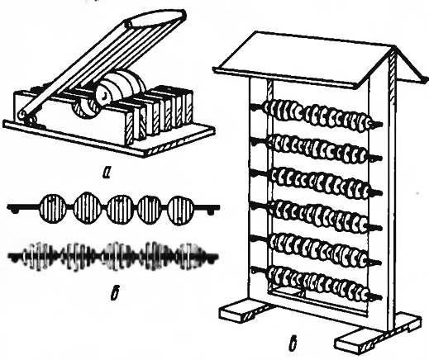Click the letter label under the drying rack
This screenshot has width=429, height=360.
click(294, 344)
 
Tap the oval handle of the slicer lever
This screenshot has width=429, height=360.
click(155, 18)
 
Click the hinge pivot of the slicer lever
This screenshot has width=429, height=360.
click(21, 116)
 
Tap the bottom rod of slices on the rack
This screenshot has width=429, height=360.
click(317, 284)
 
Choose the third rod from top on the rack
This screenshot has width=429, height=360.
click(317, 182)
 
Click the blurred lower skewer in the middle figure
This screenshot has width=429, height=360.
click(113, 257)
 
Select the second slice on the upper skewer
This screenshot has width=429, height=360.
click(87, 207)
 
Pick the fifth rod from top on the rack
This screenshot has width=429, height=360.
click(317, 249)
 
